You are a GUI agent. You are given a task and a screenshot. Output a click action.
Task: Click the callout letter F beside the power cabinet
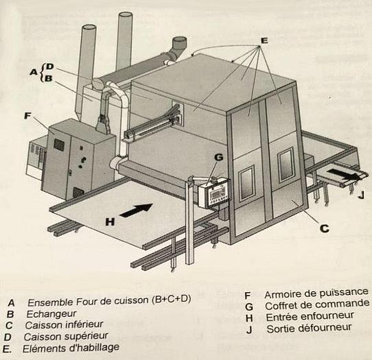27,117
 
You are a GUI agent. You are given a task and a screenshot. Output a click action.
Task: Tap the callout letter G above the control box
218,157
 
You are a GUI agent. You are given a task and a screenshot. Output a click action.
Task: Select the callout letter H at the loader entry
108,221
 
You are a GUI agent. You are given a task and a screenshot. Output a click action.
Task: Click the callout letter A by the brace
33,71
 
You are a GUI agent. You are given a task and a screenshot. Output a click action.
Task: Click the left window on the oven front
246,182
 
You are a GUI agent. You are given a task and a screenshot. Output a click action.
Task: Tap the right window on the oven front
286,165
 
